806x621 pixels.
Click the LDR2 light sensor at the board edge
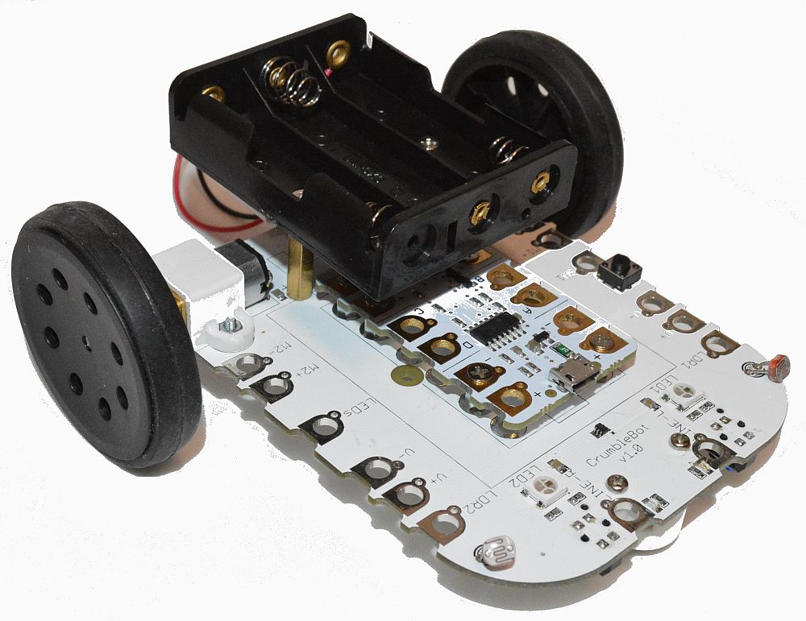(x=494, y=554)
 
